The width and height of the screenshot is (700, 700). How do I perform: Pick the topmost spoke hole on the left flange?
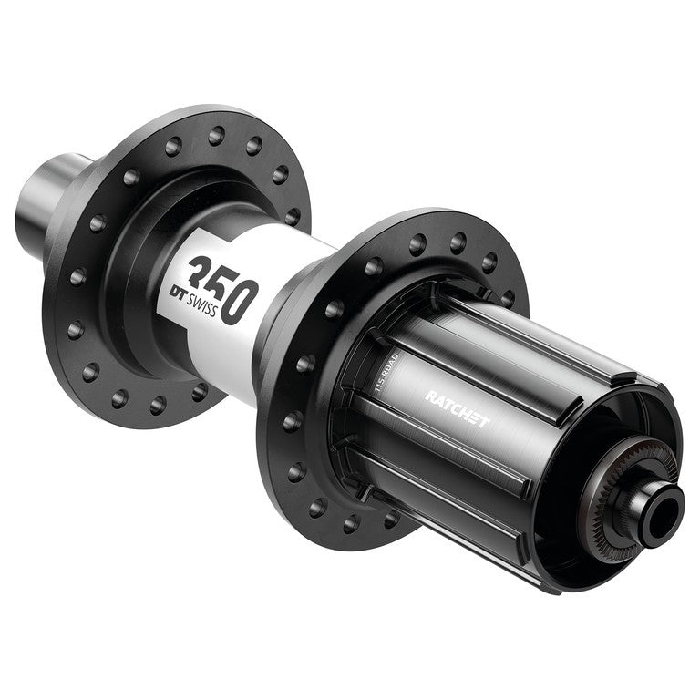216,136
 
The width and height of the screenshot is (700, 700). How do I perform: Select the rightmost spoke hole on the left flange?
293,217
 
